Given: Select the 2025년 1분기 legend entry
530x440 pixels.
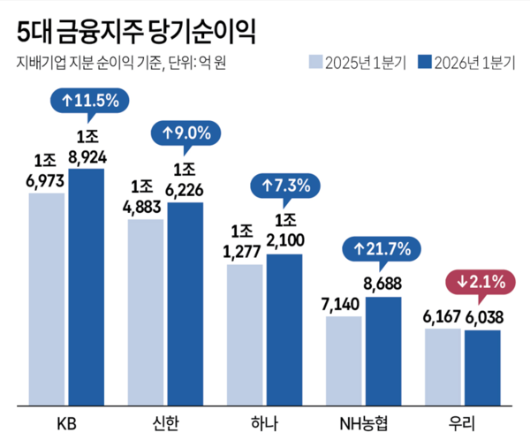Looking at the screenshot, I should pos(358,62).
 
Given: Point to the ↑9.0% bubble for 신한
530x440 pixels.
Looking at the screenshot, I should pos(185,134).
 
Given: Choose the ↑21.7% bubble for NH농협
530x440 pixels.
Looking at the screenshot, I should pos(382,250).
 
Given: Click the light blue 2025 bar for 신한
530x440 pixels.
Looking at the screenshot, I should pos(145,313).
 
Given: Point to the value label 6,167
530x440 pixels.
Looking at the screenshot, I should pos(443,317).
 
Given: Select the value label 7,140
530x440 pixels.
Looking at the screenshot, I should pos(344,304).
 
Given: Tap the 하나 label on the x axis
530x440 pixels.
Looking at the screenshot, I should pos(264,423).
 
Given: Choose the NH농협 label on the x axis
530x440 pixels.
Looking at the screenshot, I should pos(363,423).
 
